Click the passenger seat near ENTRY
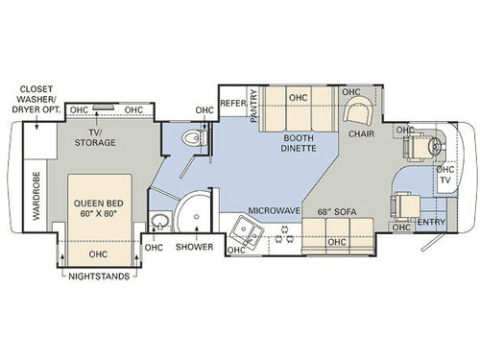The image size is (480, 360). (x=401, y=204)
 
